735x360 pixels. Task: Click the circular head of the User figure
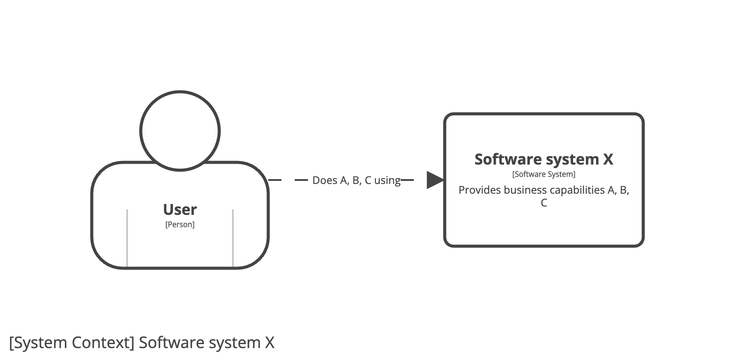pyautogui.click(x=180, y=131)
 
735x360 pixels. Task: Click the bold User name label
pyautogui.click(x=180, y=210)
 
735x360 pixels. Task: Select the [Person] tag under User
pyautogui.click(x=180, y=225)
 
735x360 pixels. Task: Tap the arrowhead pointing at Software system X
pyautogui.click(x=435, y=180)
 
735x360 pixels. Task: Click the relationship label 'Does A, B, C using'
pyautogui.click(x=356, y=180)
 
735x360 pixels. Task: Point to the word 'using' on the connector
pyautogui.click(x=387, y=181)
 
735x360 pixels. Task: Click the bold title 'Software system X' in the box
pyautogui.click(x=544, y=159)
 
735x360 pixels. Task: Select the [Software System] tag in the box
pyautogui.click(x=544, y=174)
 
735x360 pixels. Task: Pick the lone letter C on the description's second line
pyautogui.click(x=544, y=203)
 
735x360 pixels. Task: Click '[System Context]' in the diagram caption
pyautogui.click(x=71, y=343)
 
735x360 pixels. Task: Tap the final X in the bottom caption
pyautogui.click(x=270, y=343)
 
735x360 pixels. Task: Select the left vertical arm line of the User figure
pyautogui.click(x=127, y=238)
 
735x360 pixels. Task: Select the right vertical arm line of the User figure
pyautogui.click(x=233, y=238)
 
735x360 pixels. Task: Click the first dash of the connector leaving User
pyautogui.click(x=275, y=180)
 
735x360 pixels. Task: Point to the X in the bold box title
pyautogui.click(x=608, y=159)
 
